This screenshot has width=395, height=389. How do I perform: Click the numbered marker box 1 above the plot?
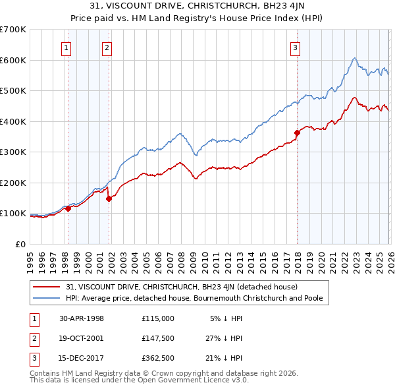click(x=67, y=47)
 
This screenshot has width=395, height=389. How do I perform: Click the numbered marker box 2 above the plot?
click(x=107, y=47)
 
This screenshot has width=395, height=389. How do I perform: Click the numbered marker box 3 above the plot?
click(x=296, y=47)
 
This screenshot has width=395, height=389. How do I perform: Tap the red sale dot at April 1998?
click(x=68, y=208)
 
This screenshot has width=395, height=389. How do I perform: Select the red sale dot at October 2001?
click(x=109, y=198)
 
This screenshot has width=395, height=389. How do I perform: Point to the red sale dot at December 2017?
click(x=297, y=133)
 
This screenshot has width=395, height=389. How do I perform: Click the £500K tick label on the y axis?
click(x=13, y=91)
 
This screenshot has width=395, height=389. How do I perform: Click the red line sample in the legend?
click(x=47, y=287)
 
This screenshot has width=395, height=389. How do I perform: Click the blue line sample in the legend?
click(x=47, y=298)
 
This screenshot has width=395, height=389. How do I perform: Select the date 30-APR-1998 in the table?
click(x=82, y=318)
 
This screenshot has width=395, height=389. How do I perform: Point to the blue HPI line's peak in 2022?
click(x=354, y=58)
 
